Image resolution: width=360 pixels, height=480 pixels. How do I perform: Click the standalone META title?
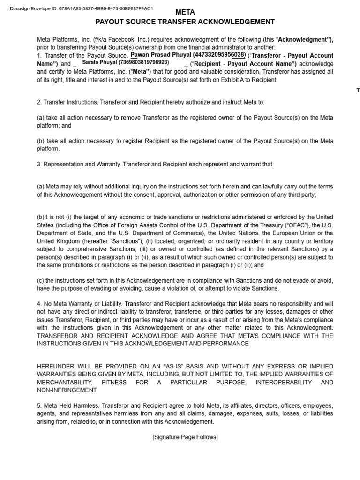(185, 12)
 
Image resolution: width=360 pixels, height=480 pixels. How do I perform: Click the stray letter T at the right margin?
(358, 91)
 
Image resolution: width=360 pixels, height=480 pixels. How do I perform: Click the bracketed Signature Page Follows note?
(185, 437)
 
